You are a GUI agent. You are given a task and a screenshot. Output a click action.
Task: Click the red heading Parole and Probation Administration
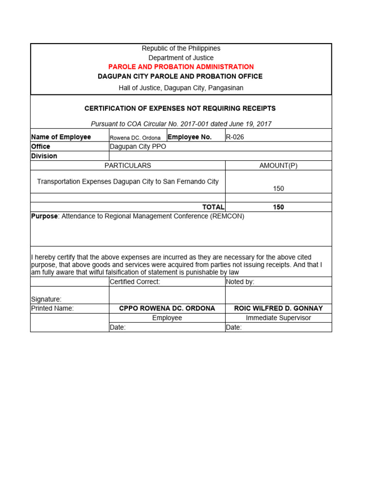click(x=181, y=67)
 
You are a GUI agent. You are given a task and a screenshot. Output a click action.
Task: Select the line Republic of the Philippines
click(x=181, y=48)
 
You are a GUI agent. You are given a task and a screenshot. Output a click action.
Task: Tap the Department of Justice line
click(x=181, y=58)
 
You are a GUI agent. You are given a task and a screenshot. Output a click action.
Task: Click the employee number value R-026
click(x=235, y=137)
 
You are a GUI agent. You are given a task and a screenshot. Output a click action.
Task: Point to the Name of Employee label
click(x=61, y=137)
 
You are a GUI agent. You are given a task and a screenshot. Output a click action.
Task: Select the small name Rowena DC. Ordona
click(x=135, y=138)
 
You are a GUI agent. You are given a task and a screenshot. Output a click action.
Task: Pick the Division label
click(x=44, y=156)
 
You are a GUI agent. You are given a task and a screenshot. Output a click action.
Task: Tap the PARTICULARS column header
click(x=128, y=165)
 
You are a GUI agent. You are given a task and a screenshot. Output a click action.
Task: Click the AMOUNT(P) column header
click(x=279, y=165)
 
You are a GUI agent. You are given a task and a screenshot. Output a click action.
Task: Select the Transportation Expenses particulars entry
click(x=128, y=182)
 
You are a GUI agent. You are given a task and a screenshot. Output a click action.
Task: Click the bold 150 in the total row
click(x=279, y=207)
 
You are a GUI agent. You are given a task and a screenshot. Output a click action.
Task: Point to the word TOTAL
click(x=213, y=207)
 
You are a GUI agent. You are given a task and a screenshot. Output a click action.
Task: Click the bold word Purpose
click(x=44, y=216)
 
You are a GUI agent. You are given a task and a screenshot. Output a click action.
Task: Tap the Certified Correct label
click(x=135, y=281)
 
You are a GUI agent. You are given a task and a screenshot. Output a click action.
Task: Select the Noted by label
click(x=240, y=281)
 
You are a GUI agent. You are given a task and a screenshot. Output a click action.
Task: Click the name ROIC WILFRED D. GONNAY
click(x=279, y=308)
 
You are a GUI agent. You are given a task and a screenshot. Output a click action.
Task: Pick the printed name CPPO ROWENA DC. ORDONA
click(x=167, y=308)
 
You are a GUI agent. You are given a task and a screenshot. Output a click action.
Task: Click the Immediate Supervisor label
click(x=279, y=318)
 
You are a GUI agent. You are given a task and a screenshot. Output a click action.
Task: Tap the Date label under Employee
click(x=118, y=327)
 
